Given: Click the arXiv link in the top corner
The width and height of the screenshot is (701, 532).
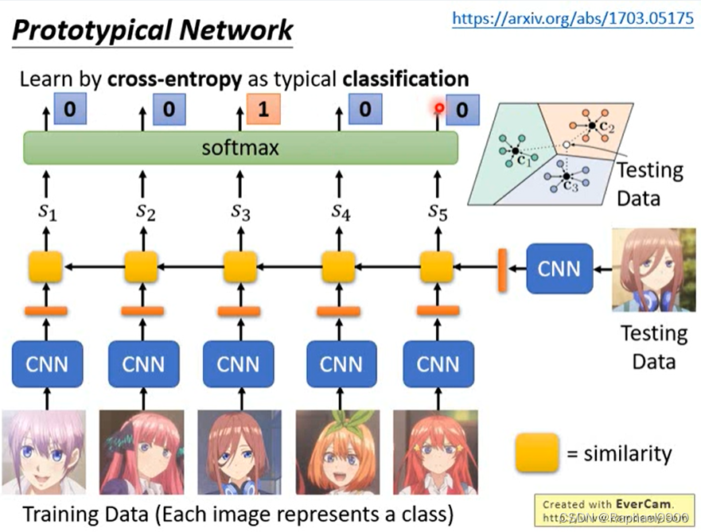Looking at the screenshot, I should (x=572, y=19).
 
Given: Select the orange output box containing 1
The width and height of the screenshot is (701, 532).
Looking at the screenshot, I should (x=263, y=109).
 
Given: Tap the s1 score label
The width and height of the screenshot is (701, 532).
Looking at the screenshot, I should (x=45, y=212).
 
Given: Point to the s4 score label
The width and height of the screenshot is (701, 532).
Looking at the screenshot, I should (x=340, y=212).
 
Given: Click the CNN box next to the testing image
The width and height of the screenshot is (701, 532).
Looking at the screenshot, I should (x=559, y=268).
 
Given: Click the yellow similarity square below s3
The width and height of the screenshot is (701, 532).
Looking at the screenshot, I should (x=240, y=267).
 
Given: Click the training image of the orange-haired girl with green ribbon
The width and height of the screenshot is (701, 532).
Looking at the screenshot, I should (x=338, y=452).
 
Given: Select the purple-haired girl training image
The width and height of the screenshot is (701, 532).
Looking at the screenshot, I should (x=44, y=452).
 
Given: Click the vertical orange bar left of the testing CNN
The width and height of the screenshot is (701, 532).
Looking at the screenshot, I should (x=503, y=269).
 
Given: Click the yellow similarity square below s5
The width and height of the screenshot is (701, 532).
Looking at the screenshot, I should (x=436, y=267).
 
